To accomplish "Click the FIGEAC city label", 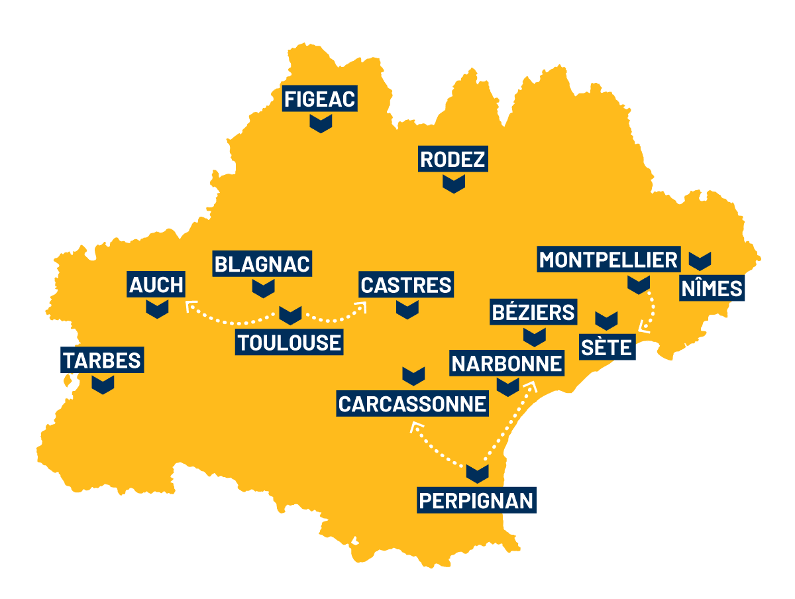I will click(320, 99).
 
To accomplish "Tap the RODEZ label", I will click(453, 160).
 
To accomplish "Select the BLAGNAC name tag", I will click(263, 264).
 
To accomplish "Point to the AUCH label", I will click(156, 285).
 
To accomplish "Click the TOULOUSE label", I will click(290, 343).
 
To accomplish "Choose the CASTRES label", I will click(406, 285).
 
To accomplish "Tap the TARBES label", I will click(102, 360).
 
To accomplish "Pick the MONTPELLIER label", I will click(609, 260).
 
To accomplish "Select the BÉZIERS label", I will click(533, 311).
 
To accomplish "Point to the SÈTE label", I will click(608, 347).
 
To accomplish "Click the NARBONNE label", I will click(507, 363).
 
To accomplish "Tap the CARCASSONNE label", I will click(413, 403).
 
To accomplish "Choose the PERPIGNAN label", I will click(476, 500).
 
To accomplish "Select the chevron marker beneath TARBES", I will click(103, 384).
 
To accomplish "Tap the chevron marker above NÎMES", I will click(700, 260).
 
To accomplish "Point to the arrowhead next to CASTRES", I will click(362, 306).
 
